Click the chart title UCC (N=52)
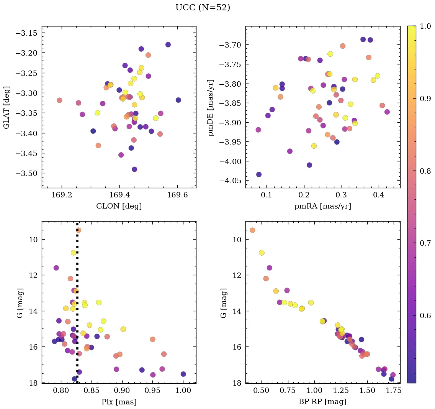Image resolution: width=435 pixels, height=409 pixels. tap(203, 8)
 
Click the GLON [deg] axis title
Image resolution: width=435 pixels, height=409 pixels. tap(119, 206)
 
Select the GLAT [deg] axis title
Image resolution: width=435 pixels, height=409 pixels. tap(7, 107)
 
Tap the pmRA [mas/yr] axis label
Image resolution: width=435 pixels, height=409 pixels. tap(322, 206)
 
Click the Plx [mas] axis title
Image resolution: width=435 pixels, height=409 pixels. tap(119, 402)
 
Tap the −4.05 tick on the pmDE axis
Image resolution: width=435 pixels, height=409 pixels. tap(231, 181)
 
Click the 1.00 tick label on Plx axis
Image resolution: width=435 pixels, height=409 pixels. tap(183, 391)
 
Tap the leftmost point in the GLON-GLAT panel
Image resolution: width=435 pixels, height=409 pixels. tap(59, 100)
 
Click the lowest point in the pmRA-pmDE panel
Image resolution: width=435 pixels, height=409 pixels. tap(259, 174)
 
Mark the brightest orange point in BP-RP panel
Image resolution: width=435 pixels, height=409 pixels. tap(252, 230)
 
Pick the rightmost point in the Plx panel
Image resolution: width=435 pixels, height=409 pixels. tap(183, 374)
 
